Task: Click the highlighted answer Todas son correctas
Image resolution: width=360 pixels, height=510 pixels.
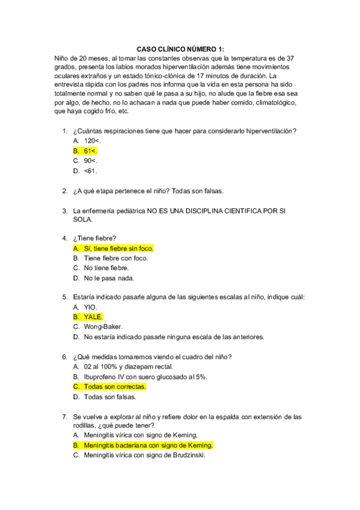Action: click(x=115, y=386)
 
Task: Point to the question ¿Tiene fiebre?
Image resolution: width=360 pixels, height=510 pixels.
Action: click(x=94, y=238)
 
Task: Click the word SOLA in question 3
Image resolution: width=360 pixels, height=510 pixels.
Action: click(x=82, y=220)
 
